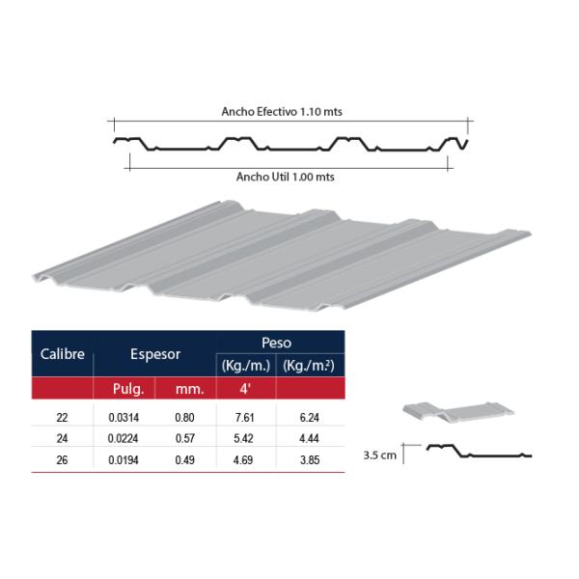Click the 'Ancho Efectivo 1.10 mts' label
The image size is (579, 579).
click(x=282, y=112)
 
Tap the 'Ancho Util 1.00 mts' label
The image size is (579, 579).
click(x=286, y=177)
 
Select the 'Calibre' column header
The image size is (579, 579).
click(x=63, y=354)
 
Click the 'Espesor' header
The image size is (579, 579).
click(x=155, y=354)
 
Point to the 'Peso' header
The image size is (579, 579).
click(x=276, y=343)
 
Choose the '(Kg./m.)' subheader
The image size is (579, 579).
click(x=246, y=366)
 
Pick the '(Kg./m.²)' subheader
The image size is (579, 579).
click(x=309, y=366)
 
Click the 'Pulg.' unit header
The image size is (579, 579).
click(x=128, y=389)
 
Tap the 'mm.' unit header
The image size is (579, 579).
click(x=190, y=389)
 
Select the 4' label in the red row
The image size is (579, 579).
click(x=245, y=389)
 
